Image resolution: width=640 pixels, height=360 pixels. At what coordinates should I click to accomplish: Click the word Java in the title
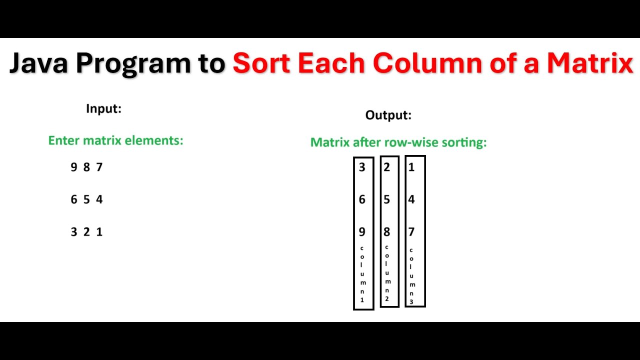click(38, 64)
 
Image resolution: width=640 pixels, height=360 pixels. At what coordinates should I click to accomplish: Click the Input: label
click(103, 108)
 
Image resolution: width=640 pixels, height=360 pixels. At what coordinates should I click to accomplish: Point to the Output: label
click(388, 115)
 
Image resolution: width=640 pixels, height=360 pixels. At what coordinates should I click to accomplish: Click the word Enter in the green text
click(64, 140)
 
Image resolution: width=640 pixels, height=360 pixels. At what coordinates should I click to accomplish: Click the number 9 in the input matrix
click(74, 167)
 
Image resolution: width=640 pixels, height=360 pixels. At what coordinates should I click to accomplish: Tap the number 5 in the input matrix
click(86, 199)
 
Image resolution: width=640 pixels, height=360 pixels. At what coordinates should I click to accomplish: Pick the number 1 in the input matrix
click(99, 232)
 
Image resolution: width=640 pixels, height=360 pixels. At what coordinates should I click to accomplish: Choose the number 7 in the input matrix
click(99, 167)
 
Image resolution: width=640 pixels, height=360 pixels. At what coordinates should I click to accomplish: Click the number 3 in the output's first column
click(362, 167)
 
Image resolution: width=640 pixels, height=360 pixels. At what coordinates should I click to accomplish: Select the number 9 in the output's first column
click(362, 232)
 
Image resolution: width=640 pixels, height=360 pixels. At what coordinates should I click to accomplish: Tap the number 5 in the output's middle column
click(386, 199)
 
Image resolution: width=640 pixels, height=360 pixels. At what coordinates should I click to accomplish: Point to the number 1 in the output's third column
click(411, 167)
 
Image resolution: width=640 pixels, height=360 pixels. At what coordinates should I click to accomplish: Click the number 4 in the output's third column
click(411, 199)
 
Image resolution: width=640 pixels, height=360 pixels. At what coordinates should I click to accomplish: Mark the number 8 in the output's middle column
click(386, 232)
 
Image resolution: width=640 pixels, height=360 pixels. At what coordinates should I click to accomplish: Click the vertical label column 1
click(362, 274)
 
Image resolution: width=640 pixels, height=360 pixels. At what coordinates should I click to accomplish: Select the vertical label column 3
click(411, 276)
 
